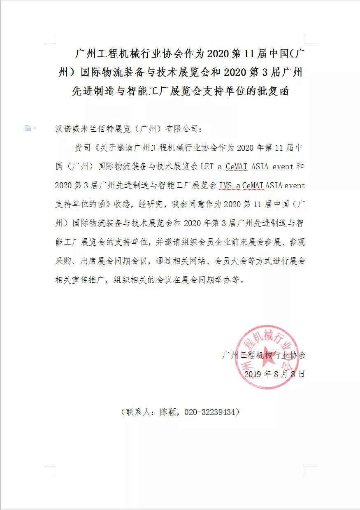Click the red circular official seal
point(267,357)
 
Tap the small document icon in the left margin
point(28,128)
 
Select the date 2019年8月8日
point(274,374)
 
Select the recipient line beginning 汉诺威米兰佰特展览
point(129,129)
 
